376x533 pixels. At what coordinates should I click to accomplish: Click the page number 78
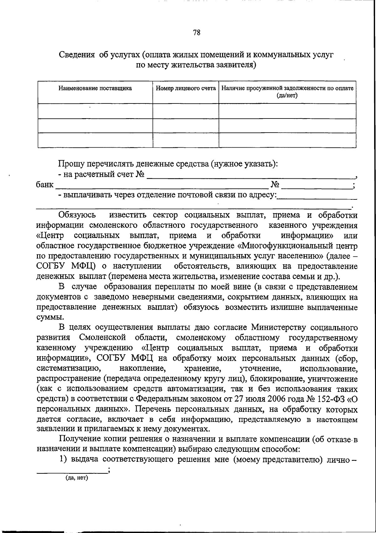[197, 33]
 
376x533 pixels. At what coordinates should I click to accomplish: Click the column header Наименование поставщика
[95, 88]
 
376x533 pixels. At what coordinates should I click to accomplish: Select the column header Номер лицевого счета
[186, 88]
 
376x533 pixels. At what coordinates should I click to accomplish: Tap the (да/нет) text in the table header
[287, 95]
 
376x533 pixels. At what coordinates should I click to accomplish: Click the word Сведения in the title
[77, 55]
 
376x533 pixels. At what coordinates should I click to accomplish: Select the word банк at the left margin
[44, 185]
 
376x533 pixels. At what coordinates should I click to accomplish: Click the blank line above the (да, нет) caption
[71, 472]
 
